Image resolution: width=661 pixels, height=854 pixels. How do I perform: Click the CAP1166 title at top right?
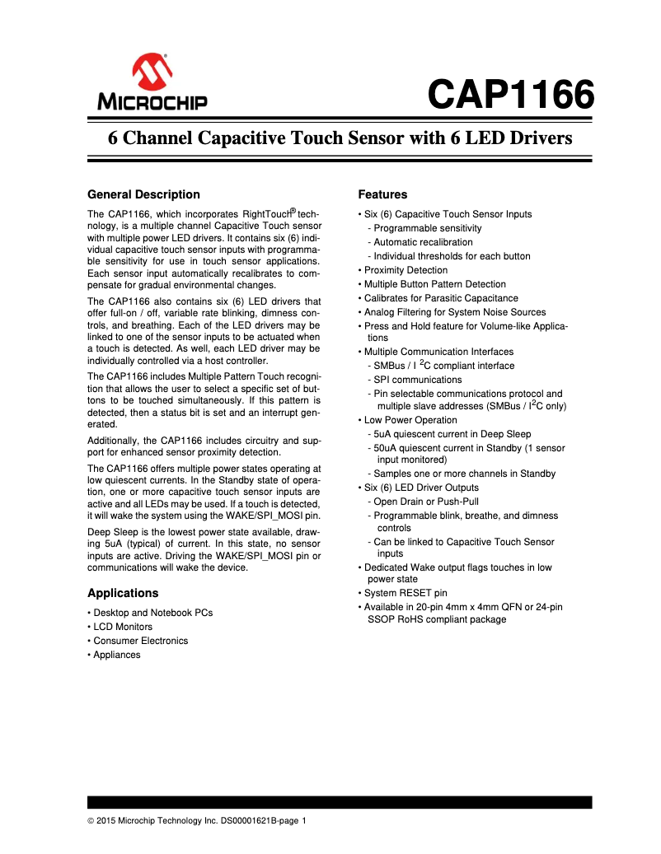[x=510, y=95]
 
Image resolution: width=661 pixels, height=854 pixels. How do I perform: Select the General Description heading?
[x=143, y=194]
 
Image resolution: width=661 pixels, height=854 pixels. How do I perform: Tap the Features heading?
[x=382, y=194]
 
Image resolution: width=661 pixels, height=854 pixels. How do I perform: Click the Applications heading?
[x=123, y=593]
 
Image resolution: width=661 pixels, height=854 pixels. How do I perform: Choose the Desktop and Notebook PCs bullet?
[x=152, y=613]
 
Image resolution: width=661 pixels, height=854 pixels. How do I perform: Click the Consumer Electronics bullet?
[x=140, y=641]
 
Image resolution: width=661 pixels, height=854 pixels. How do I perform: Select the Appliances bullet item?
[x=116, y=655]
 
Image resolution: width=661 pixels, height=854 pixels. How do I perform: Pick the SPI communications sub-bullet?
[x=417, y=380]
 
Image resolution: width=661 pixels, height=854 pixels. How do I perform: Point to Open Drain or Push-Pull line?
[x=425, y=502]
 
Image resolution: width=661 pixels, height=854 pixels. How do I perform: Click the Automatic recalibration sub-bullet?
[x=423, y=242]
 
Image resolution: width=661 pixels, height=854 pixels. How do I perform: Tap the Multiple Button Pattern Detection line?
[x=434, y=284]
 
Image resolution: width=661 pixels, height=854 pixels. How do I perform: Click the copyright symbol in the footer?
[x=91, y=820]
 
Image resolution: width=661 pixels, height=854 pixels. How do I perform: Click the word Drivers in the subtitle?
[x=537, y=138]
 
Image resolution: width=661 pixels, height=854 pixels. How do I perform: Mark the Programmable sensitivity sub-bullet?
[x=427, y=228]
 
